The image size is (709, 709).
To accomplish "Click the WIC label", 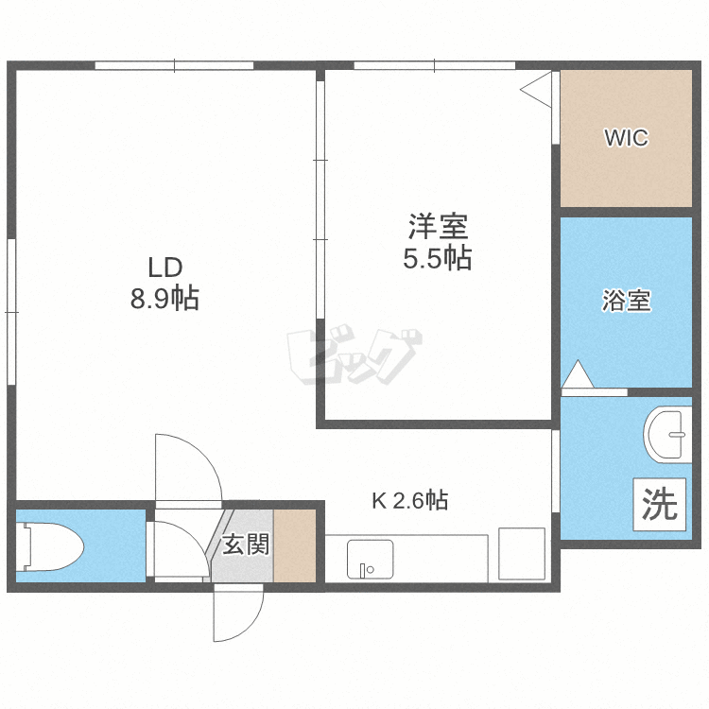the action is coord(626,137).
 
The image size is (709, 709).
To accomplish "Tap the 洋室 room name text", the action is coord(438,226).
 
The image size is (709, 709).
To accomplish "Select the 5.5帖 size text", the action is coord(438,258).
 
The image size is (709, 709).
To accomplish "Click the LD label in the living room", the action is coord(165,268).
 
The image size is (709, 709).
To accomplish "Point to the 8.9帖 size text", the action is coord(164,298).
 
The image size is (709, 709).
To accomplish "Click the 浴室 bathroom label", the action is coord(626,301).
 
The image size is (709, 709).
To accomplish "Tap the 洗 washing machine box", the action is coord(659,504).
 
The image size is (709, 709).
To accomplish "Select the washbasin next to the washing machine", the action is coord(667,435).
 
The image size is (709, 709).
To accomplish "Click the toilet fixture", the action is coord(50,546).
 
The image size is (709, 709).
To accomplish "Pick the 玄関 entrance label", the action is coord(246,544).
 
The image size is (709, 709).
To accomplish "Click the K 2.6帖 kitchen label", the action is coord(409,500).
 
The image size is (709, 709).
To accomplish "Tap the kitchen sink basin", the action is coord(370,560).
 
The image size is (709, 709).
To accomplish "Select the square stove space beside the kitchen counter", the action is coord(522,554).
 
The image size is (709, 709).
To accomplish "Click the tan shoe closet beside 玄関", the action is coord(294,545).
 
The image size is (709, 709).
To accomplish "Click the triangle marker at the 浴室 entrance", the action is coord(578,374).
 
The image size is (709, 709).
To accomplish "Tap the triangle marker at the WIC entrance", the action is coord(536,90).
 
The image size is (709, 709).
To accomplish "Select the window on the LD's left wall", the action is coord(11,312).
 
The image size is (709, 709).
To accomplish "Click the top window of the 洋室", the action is coord(434,65).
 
